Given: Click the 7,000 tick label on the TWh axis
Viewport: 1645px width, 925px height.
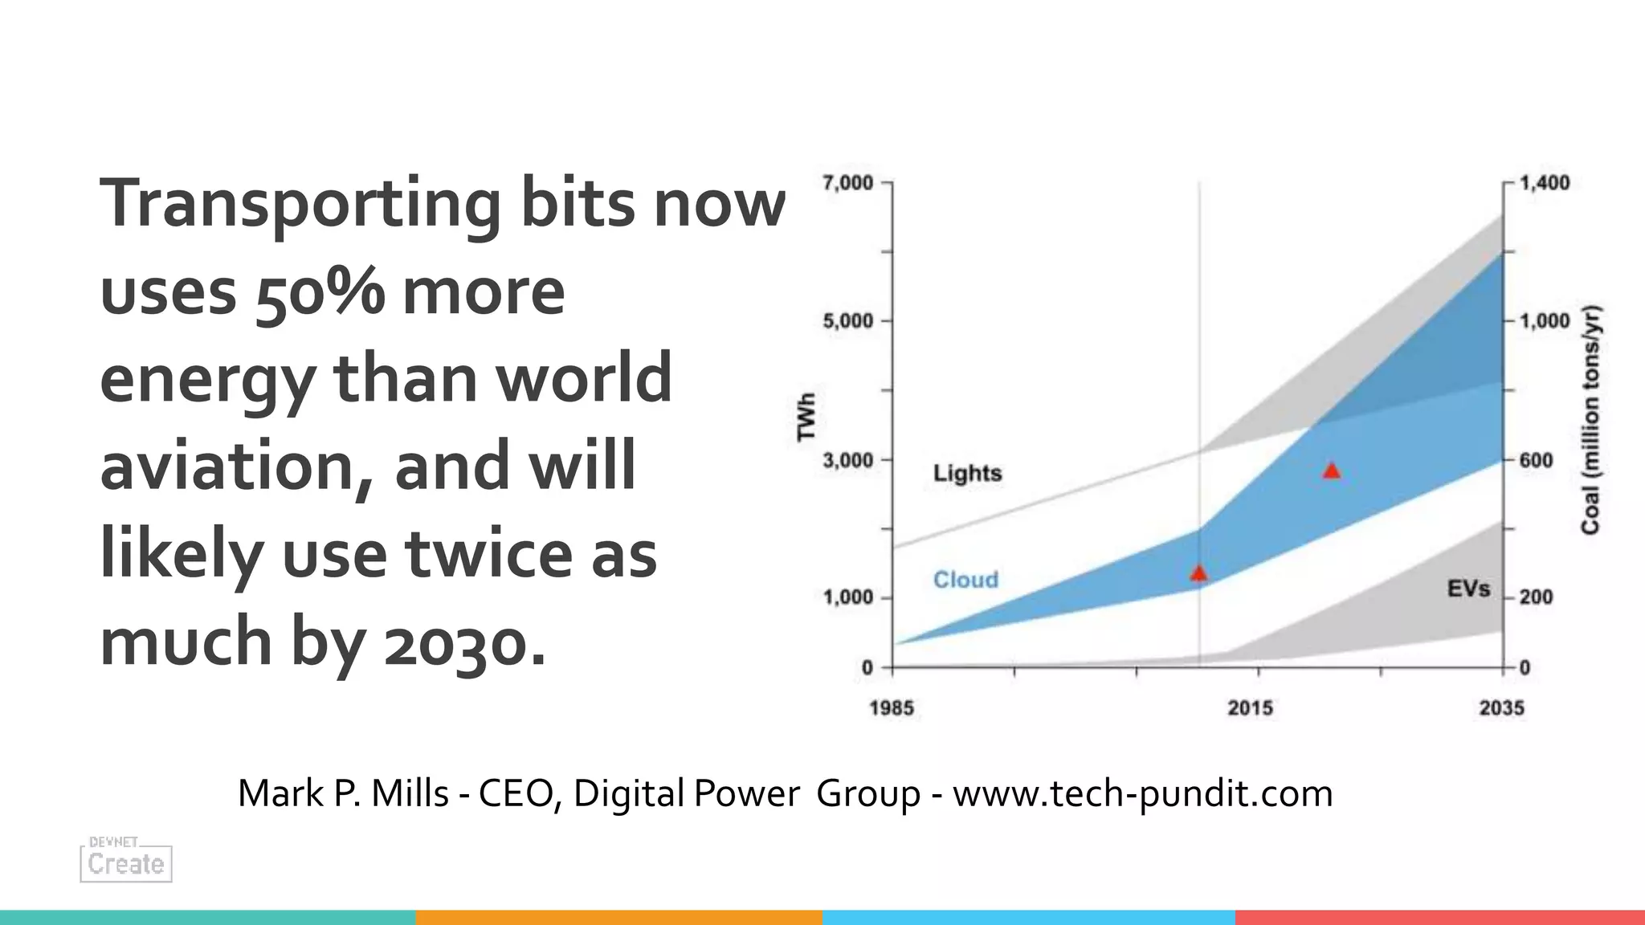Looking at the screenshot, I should click(847, 183).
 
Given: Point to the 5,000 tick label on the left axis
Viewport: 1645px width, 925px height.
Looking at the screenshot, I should click(847, 321).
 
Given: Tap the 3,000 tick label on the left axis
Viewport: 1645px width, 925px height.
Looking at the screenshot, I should click(847, 461).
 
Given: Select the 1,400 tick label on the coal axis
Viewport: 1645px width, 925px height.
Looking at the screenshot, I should click(1545, 183).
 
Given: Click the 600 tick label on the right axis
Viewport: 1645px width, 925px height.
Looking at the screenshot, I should click(1536, 461).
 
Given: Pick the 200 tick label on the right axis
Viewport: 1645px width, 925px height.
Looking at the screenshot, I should click(1536, 597).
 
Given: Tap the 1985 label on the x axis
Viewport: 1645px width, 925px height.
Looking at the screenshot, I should click(892, 708).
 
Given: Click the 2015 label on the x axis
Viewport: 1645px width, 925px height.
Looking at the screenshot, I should click(1250, 708).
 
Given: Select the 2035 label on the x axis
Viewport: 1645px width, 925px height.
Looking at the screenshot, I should click(1501, 708).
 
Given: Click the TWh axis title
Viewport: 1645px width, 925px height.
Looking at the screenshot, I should click(806, 416).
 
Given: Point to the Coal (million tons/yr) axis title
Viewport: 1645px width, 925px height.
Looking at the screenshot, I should click(1590, 419).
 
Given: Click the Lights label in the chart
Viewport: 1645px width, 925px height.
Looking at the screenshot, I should click(967, 473).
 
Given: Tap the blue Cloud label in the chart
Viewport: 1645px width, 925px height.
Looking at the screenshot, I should click(965, 580).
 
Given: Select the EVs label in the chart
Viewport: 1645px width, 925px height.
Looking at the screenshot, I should click(1468, 589).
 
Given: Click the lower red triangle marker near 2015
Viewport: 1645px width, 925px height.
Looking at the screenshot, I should click(1198, 573).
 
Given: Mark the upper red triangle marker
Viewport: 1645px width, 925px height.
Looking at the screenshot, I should click(1332, 471).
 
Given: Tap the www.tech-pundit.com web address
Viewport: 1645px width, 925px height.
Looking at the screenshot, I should click(1142, 794).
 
